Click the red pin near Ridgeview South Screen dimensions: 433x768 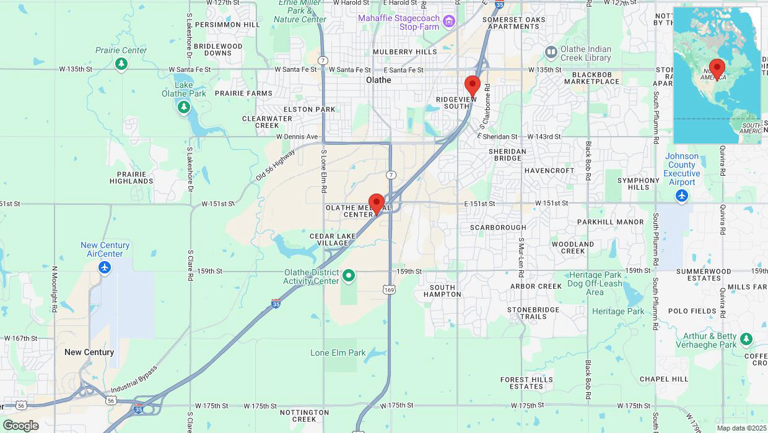[472, 86]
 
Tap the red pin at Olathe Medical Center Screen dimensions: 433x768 [376, 204]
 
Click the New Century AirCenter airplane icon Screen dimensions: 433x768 [105, 267]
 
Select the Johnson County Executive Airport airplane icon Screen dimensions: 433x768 [682, 195]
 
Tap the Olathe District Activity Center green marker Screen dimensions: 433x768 [349, 275]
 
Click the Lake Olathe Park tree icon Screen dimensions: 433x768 [183, 108]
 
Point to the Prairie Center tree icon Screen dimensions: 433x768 [121, 63]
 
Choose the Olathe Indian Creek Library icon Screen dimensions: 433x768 [551, 53]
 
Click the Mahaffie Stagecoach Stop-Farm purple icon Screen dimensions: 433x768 [450, 22]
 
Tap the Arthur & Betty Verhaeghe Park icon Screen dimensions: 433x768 [746, 340]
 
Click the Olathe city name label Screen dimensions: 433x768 [378, 80]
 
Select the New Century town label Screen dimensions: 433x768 [89, 352]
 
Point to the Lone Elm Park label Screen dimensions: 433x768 [338, 353]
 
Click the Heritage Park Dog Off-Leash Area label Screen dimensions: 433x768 [595, 283]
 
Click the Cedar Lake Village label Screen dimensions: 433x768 [333, 239]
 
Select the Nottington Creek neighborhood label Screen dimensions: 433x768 [304, 415]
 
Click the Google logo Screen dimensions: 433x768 [20, 426]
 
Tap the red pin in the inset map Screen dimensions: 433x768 [717, 69]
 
